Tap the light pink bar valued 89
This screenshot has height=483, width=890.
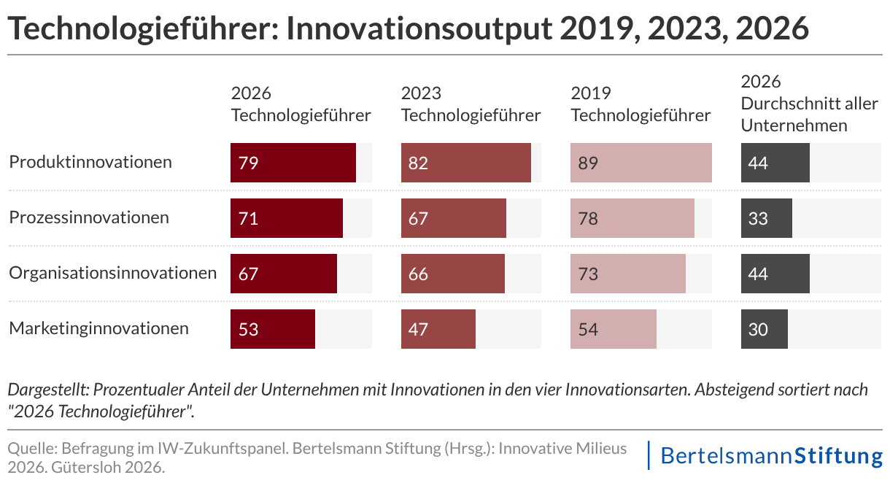641,163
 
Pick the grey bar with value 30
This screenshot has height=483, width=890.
765,329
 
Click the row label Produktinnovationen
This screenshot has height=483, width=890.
90,162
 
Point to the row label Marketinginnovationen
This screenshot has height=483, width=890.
98,328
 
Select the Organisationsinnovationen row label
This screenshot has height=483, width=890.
112,273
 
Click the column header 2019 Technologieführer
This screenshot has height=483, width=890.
640,104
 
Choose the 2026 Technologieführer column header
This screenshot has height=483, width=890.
301,104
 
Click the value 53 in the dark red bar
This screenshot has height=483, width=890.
249,330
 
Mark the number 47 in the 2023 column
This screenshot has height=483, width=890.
418,330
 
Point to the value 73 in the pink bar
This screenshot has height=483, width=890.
588,274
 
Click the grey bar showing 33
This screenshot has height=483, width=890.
766,218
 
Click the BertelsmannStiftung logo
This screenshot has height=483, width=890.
770,456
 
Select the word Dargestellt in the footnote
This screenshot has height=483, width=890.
47,390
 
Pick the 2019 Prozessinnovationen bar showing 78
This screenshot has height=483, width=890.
632,218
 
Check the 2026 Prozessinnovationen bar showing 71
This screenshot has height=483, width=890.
287,218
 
